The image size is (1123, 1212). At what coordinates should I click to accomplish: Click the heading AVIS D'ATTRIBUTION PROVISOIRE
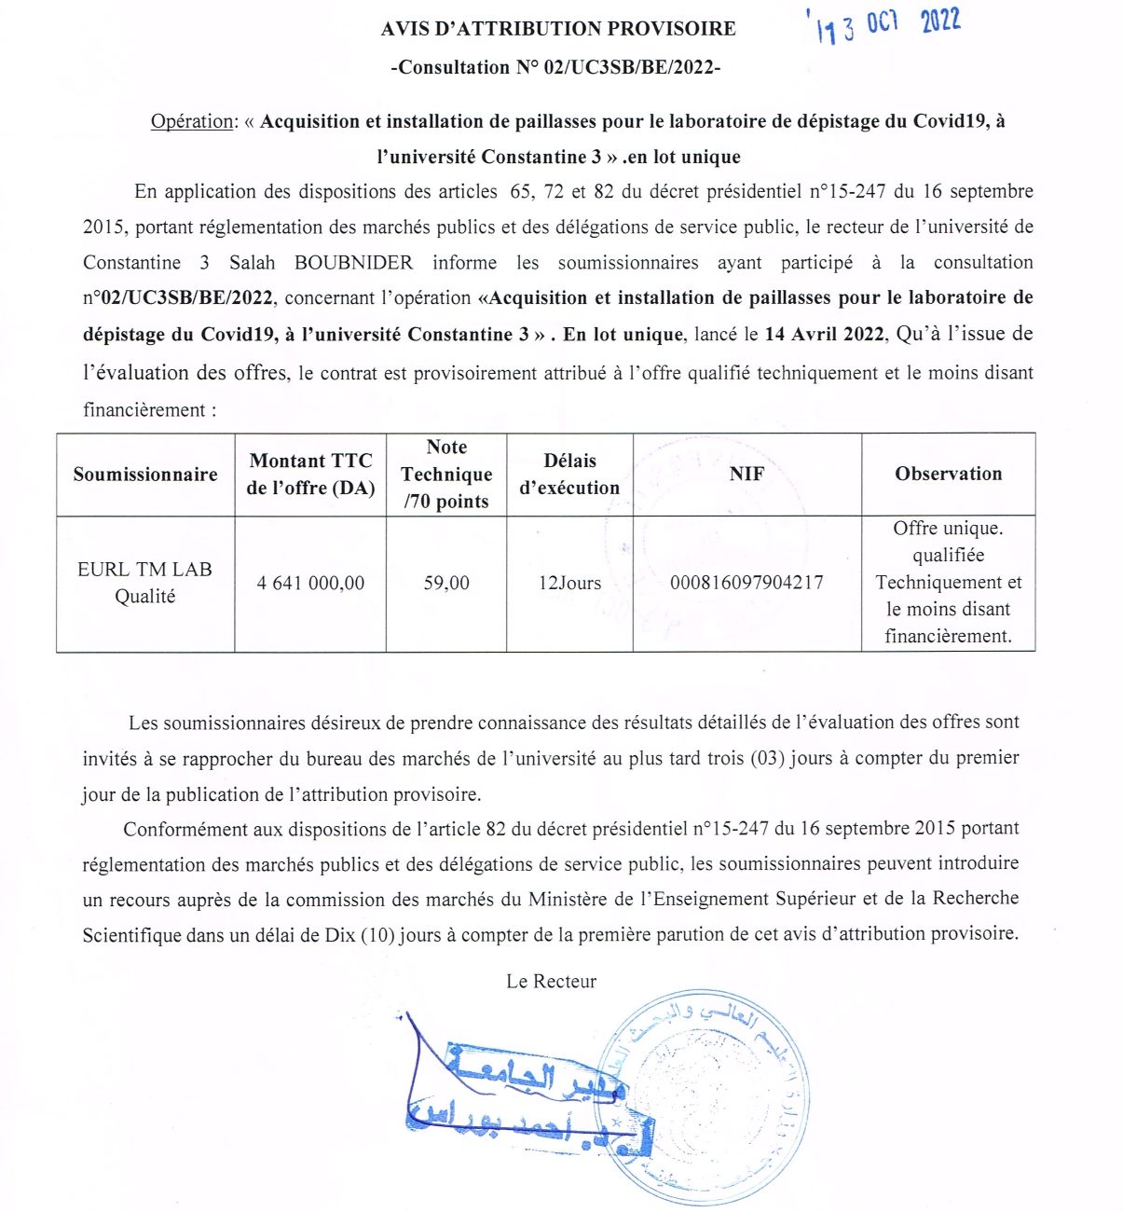click(557, 29)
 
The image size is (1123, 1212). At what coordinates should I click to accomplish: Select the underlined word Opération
click(192, 121)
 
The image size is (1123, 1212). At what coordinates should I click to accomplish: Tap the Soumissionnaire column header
click(145, 474)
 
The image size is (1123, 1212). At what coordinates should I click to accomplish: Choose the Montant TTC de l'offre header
click(310, 474)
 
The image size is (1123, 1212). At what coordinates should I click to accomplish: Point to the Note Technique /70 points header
click(446, 474)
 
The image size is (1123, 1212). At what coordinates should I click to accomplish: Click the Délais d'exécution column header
click(569, 474)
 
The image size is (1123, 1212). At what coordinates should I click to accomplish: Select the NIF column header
click(746, 474)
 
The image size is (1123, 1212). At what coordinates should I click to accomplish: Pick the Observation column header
click(948, 474)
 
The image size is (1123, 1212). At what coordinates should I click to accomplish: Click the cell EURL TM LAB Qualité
click(145, 583)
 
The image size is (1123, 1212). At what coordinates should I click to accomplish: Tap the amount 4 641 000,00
click(310, 584)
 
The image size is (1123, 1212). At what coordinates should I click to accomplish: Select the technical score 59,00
click(446, 584)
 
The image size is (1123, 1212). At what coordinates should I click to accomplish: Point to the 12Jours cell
click(569, 584)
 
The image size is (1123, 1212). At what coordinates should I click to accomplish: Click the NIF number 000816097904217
click(746, 584)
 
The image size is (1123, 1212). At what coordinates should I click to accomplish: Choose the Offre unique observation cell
click(948, 583)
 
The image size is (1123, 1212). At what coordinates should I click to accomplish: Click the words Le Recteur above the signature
click(551, 982)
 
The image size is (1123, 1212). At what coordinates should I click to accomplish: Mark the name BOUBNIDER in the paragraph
click(353, 263)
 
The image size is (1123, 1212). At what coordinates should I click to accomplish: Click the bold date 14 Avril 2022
click(824, 334)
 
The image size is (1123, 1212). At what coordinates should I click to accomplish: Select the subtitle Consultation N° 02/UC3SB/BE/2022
click(555, 68)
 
